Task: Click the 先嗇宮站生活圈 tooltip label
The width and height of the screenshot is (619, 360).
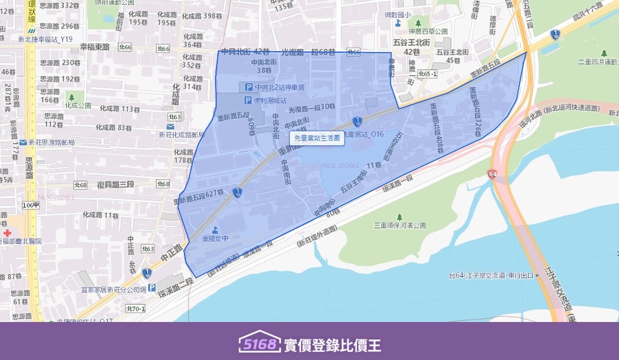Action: [317, 138]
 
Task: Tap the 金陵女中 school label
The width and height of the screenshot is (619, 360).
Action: [215, 239]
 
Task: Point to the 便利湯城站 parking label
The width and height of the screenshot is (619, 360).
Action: [270, 100]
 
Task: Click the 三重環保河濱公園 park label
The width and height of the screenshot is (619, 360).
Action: [399, 226]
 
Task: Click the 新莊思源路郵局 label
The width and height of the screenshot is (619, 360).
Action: [51, 143]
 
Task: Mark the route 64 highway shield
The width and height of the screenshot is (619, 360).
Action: [492, 174]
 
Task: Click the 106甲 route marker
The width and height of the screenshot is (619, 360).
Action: [30, 205]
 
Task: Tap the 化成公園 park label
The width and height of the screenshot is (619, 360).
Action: [78, 105]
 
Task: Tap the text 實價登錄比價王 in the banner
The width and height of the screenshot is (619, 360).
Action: [332, 345]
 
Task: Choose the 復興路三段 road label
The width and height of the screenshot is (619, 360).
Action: [115, 185]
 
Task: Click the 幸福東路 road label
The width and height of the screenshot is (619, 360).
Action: [95, 47]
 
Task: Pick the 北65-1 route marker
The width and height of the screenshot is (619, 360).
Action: [427, 74]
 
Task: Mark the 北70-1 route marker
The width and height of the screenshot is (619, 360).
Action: [135, 308]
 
